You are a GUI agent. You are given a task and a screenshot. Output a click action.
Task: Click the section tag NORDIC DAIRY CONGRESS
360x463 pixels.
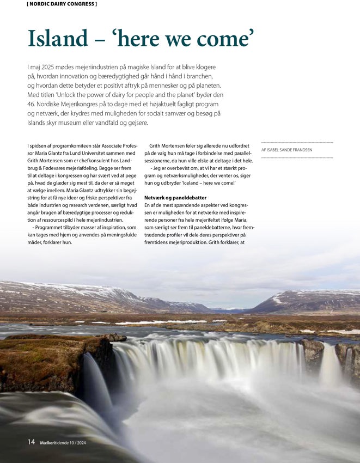tap(62, 4)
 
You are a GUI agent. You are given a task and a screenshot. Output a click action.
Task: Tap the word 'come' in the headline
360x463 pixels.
tap(222, 38)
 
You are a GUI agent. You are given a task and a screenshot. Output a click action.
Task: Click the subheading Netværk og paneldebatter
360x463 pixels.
tap(176, 197)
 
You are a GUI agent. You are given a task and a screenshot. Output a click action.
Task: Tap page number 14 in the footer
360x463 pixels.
tap(32, 442)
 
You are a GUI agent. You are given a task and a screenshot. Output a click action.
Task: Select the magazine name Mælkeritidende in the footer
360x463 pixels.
tap(57, 443)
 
